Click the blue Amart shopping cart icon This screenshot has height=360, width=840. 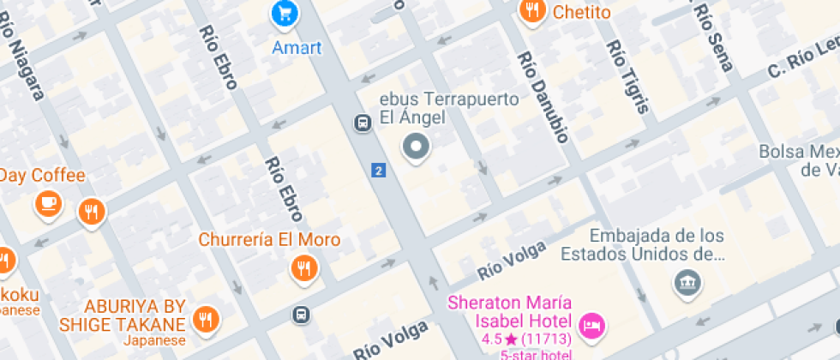(285, 13)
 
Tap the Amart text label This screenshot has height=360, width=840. (297, 46)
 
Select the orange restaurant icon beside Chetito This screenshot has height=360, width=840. (532, 11)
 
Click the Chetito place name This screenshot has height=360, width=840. (582, 12)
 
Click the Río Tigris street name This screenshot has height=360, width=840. (628, 78)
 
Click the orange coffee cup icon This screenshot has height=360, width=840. (47, 204)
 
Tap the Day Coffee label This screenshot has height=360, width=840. (43, 176)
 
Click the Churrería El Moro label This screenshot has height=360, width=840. (269, 239)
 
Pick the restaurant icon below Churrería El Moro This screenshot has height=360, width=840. (303, 269)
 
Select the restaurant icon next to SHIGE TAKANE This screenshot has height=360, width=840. (206, 320)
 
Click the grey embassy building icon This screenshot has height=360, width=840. (687, 282)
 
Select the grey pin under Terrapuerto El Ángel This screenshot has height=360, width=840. (417, 148)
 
